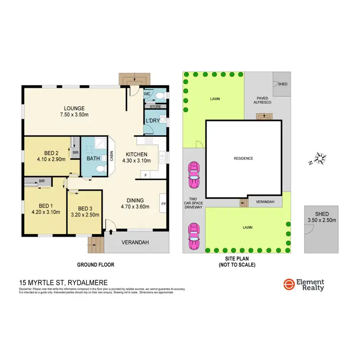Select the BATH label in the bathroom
93,158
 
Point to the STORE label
155,107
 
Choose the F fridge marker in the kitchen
146,175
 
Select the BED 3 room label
84,208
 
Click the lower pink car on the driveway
194,236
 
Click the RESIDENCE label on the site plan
243,158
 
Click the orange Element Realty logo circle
289,285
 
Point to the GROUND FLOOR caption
96,264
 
